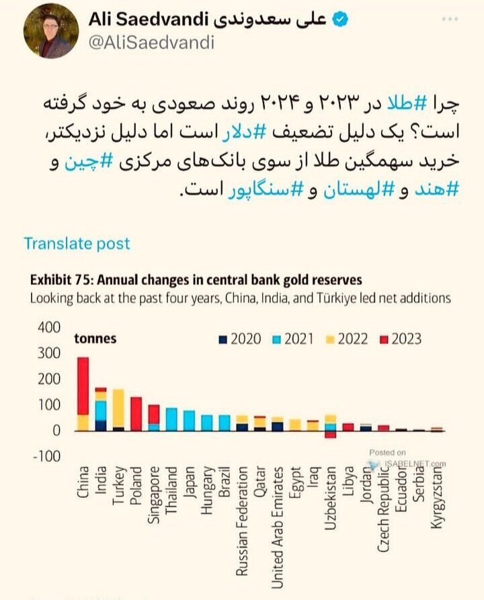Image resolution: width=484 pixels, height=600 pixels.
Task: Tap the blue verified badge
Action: coord(341,20)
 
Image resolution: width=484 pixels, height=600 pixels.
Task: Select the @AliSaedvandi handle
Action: coord(151,43)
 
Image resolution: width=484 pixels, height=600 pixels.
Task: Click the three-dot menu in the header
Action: coord(450,19)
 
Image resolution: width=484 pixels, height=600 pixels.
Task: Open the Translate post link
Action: coord(77,243)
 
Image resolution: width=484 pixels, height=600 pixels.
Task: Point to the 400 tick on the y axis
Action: coord(49,328)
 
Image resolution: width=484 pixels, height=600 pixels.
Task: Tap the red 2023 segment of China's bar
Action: coord(83,386)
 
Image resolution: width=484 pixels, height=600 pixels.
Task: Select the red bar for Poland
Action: coord(136,414)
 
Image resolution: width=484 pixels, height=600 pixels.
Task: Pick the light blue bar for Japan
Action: coord(189,421)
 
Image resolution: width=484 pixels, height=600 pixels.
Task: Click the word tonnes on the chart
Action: coord(95,338)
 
